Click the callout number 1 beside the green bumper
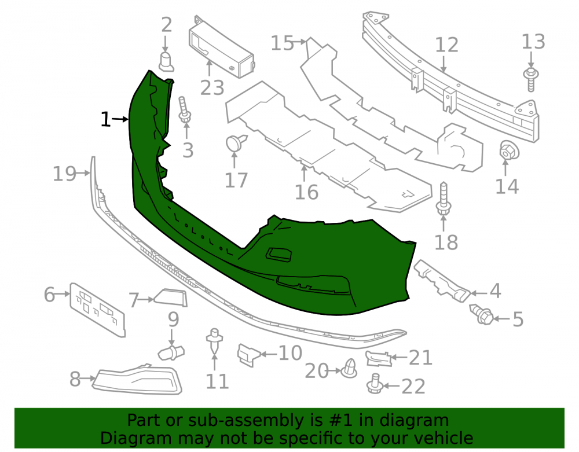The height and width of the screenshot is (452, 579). pyautogui.click(x=105, y=119)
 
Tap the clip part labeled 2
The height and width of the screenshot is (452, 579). pyautogui.click(x=166, y=61)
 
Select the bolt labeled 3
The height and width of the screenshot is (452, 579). pyautogui.click(x=184, y=110)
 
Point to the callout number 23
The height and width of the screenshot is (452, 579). pyautogui.click(x=212, y=88)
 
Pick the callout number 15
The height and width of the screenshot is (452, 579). pyautogui.click(x=282, y=43)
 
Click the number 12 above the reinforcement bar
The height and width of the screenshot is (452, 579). pyautogui.click(x=446, y=45)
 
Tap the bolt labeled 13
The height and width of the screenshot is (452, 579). pyautogui.click(x=531, y=79)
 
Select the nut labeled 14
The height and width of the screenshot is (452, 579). pyautogui.click(x=509, y=150)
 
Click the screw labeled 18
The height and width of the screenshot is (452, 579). pyautogui.click(x=444, y=199)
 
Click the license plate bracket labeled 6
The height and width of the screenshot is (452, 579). pyautogui.click(x=97, y=310)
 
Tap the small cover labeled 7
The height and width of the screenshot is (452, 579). pyautogui.click(x=171, y=297)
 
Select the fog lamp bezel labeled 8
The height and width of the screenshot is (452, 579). pyautogui.click(x=137, y=379)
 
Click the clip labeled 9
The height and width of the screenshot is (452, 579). pyautogui.click(x=171, y=352)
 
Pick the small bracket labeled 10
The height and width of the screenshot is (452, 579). pyautogui.click(x=249, y=355)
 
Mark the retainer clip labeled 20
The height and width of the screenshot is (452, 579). pyautogui.click(x=349, y=368)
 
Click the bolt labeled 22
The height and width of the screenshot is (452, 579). pyautogui.click(x=374, y=384)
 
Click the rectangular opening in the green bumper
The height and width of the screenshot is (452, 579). pyautogui.click(x=279, y=255)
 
